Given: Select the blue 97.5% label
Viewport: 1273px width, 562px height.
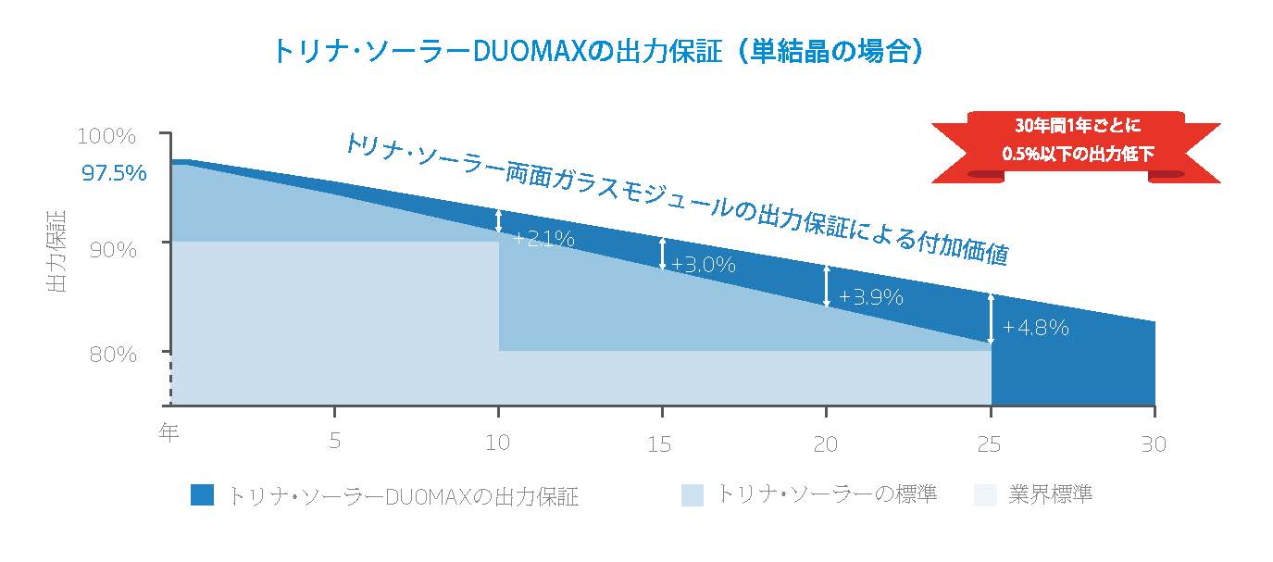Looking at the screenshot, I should (x=114, y=172).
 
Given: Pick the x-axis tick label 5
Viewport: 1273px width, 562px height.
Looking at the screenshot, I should (x=334, y=443).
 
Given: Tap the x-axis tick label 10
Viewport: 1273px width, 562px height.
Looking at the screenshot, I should (x=498, y=443).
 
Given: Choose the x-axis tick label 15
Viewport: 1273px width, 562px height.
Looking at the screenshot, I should (x=661, y=443).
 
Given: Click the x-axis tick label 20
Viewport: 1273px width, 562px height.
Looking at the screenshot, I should (x=825, y=443).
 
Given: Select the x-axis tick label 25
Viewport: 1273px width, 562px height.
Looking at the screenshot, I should (x=990, y=443).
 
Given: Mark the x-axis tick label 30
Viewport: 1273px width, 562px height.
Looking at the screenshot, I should (x=1153, y=443).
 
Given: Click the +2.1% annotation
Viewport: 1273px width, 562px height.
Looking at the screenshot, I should (x=543, y=239).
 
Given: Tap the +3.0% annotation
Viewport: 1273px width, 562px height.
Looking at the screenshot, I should (x=704, y=265).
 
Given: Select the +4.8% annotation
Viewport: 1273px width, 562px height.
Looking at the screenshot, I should (x=1036, y=327).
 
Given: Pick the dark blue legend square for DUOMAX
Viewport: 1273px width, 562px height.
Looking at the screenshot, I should (x=201, y=495).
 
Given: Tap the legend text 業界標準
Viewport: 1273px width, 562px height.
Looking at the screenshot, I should (x=1049, y=494).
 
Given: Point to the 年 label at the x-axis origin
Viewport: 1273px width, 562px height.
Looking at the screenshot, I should (x=168, y=432).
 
